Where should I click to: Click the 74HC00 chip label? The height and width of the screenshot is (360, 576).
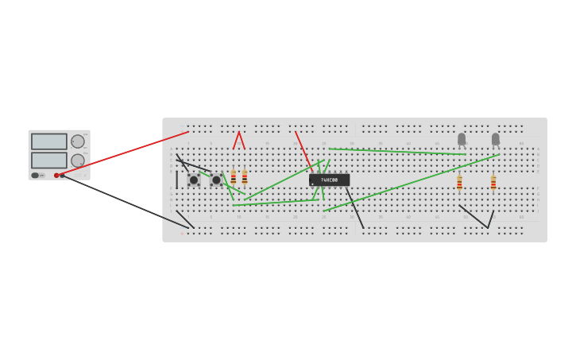point(329,180)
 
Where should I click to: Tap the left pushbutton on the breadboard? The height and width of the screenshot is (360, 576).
point(193,180)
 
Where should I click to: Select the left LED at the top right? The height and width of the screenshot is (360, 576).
point(462,139)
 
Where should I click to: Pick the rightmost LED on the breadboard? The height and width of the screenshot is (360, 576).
point(496,139)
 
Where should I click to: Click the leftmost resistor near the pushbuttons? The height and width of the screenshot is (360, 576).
point(234,177)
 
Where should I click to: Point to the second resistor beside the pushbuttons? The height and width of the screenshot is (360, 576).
point(245,177)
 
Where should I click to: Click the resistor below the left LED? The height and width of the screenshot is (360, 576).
point(459,183)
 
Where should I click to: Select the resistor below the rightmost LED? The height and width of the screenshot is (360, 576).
point(493,183)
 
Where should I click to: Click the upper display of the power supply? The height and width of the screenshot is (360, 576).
point(49,141)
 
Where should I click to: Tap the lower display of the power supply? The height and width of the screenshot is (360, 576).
point(49,160)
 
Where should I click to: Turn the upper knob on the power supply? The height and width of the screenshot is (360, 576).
point(78,141)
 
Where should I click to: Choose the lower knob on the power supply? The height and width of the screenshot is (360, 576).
point(78,161)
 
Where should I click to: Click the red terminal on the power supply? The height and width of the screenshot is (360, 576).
point(56,175)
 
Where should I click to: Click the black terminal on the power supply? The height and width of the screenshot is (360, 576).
point(62,175)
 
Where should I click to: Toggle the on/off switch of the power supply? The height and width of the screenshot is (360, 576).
point(36,175)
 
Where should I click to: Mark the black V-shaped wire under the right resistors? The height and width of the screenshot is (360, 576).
point(477,219)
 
